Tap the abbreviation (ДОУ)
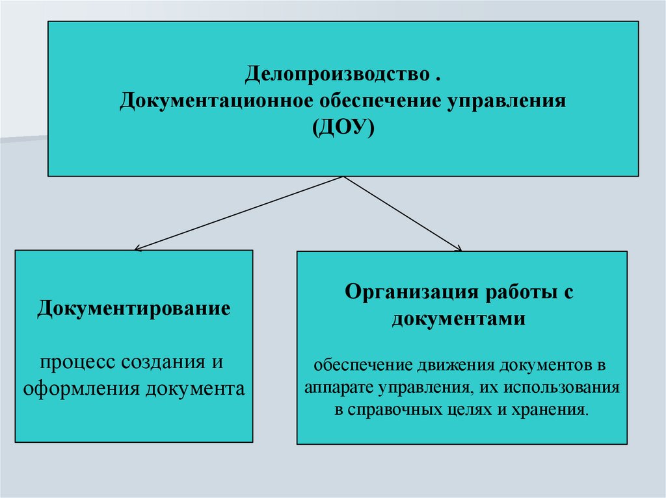pyautogui.click(x=343, y=128)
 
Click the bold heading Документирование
pyautogui.click(x=133, y=307)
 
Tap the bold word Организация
pyautogui.click(x=410, y=291)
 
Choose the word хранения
pyautogui.click(x=559, y=410)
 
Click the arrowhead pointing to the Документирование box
pyautogui.click(x=136, y=248)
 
